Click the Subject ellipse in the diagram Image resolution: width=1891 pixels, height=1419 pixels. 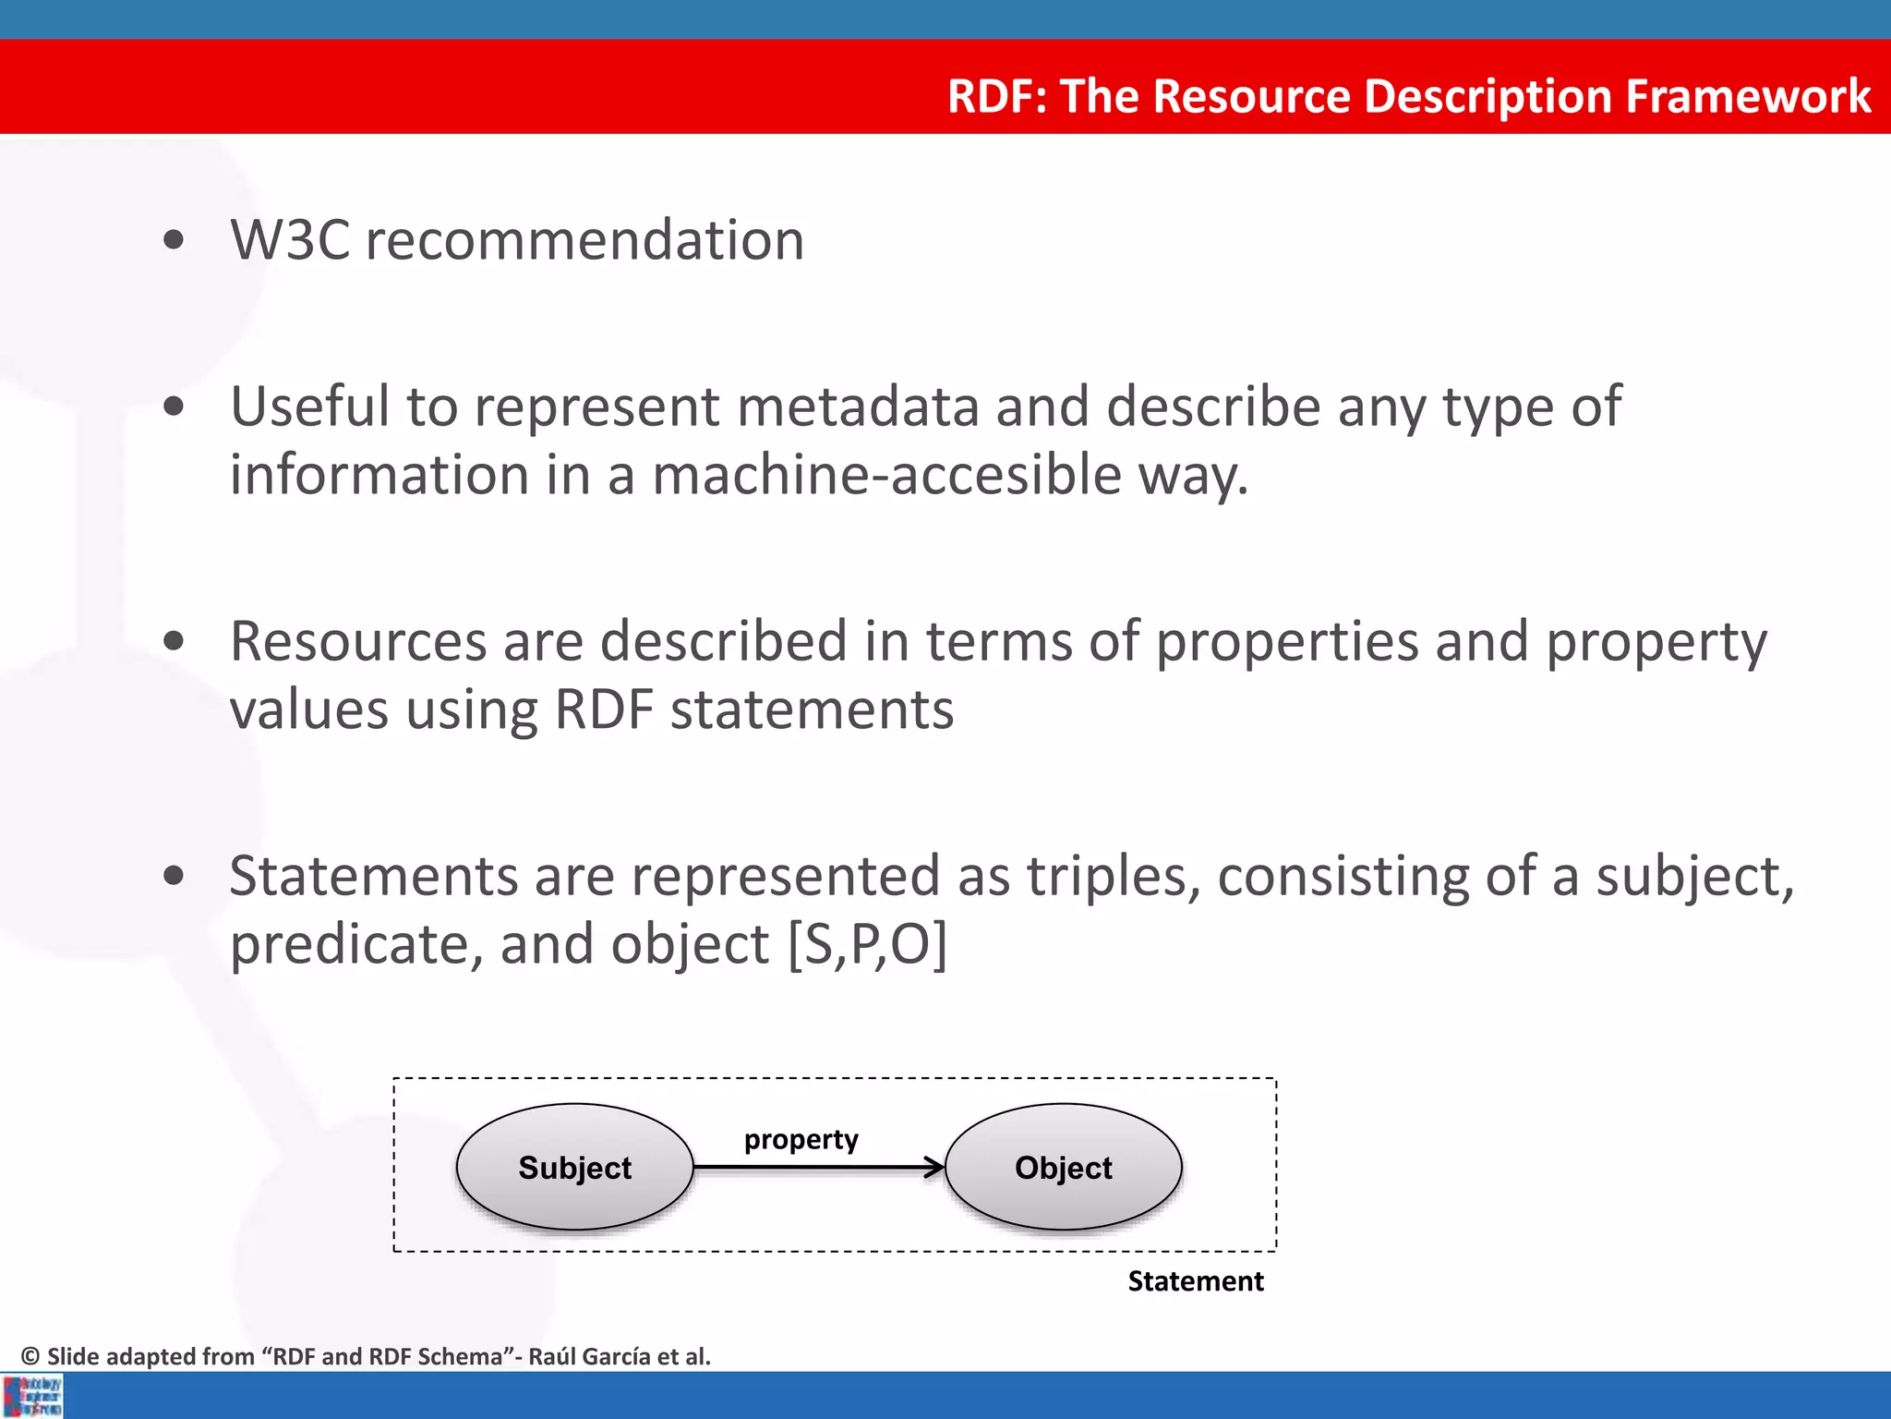coord(574,1167)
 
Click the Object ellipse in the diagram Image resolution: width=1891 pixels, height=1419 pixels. coord(1063,1167)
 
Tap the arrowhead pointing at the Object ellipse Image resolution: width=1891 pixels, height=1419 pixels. coord(934,1168)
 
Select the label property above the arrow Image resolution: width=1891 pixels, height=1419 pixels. coord(801,1140)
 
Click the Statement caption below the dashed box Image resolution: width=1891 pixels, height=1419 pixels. coord(1195,1281)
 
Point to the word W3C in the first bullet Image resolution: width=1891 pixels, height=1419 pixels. coord(290,241)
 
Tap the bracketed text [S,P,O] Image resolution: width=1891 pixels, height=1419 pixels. coord(867,945)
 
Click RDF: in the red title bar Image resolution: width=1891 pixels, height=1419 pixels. coord(996,96)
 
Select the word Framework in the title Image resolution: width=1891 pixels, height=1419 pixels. coord(1748,96)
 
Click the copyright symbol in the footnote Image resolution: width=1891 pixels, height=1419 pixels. coord(30,1356)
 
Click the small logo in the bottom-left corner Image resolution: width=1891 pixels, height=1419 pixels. coord(32,1396)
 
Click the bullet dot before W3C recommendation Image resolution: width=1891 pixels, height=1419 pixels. coord(173,241)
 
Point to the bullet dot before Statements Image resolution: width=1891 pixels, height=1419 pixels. coord(173,876)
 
